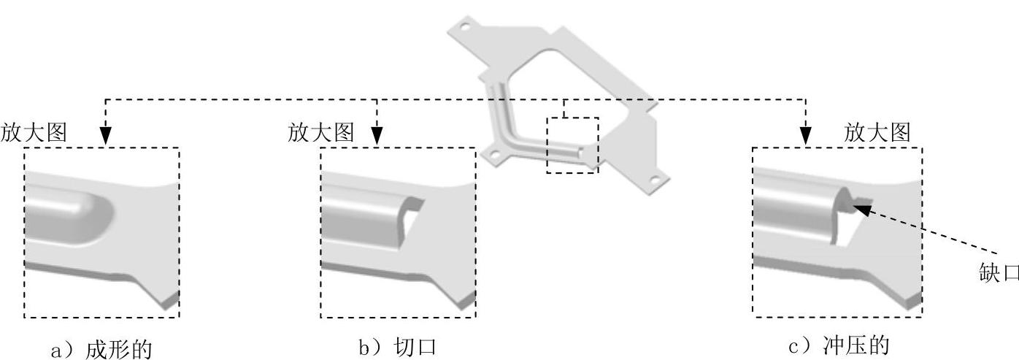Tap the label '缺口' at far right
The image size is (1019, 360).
click(998, 272)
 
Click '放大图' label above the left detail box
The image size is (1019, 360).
click(34, 133)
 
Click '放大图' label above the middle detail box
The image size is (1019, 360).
click(321, 133)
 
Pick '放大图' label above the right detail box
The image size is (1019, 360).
click(877, 133)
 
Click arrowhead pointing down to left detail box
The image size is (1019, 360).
click(105, 137)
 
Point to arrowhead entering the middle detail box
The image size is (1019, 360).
click(377, 137)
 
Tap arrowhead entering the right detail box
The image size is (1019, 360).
click(805, 137)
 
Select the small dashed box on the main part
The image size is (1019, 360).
click(572, 145)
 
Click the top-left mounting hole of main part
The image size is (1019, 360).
click(463, 26)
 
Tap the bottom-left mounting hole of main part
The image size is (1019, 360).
click(494, 155)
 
